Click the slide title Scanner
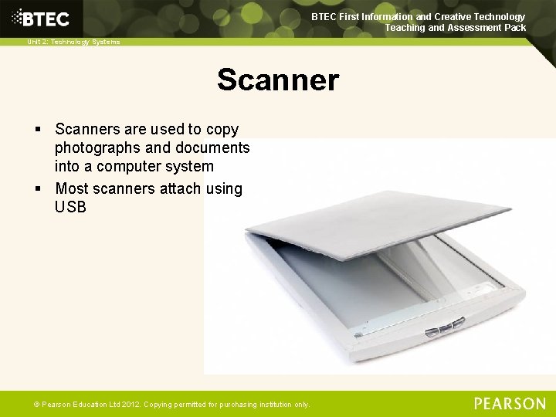coord(277,80)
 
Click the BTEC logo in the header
coord(39,19)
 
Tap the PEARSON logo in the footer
coord(509,403)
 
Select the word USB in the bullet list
coord(70,207)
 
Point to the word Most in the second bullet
coord(72,188)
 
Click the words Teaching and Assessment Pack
coord(456,28)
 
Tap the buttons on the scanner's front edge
coord(444,327)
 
